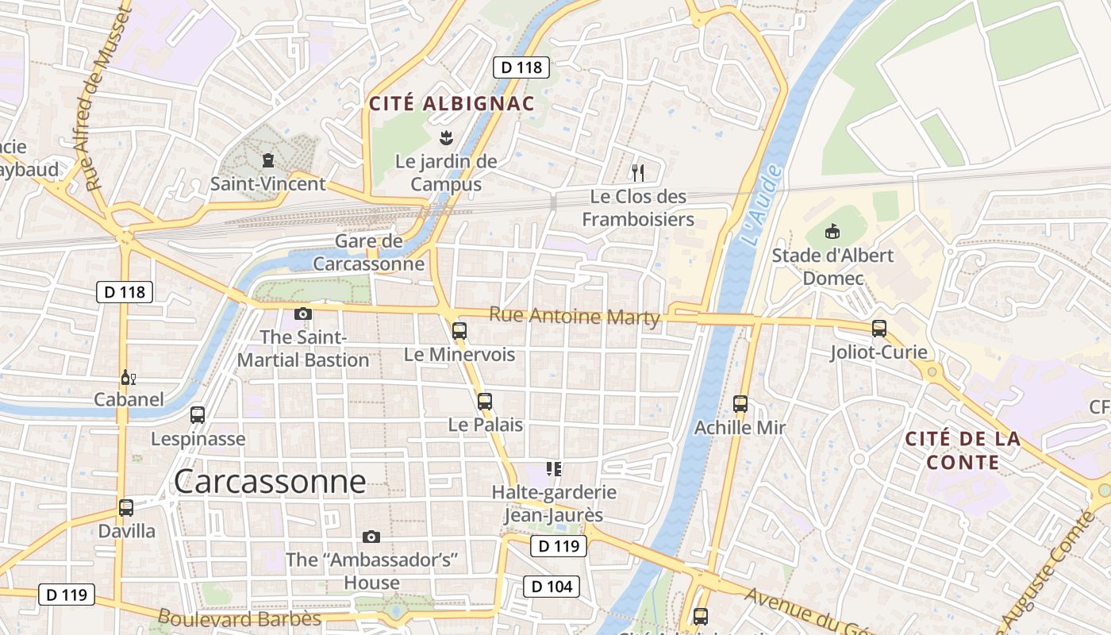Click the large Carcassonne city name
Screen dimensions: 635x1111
click(270, 482)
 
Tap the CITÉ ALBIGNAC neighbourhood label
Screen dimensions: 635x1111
click(452, 103)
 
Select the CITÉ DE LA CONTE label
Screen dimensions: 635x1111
click(963, 450)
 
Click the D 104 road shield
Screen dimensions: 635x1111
click(552, 587)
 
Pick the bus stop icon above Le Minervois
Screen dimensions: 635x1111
click(459, 331)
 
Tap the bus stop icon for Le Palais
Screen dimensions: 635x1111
click(485, 402)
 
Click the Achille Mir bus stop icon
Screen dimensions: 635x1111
click(740, 404)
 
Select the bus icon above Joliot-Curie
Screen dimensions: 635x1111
click(878, 329)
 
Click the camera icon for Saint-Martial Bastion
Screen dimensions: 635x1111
click(302, 314)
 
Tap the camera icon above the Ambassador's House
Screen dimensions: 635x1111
click(371, 537)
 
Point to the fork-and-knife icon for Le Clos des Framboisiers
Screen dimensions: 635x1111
click(637, 172)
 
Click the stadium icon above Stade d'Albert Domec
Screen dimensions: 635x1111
click(832, 232)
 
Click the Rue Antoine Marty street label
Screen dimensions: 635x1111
click(575, 316)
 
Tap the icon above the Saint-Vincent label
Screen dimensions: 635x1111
click(268, 161)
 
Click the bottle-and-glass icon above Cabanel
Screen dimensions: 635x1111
click(128, 377)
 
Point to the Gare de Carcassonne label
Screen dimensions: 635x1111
click(369, 252)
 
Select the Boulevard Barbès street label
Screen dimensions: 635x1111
click(239, 618)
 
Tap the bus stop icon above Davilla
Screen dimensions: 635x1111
click(126, 508)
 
